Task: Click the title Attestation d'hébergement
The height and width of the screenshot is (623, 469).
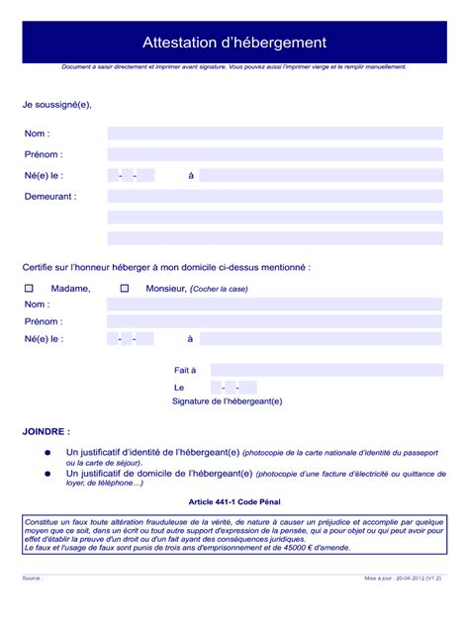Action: tap(234, 43)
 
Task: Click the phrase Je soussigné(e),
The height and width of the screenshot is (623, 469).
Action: tap(57, 104)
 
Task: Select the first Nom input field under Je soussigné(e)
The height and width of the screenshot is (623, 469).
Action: tap(274, 133)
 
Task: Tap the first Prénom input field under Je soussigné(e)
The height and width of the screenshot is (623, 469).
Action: tap(274, 154)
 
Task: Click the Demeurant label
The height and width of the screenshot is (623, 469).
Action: tap(49, 197)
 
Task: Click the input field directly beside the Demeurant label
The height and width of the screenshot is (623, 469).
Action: tap(274, 197)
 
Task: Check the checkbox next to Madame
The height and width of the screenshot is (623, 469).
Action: tap(29, 289)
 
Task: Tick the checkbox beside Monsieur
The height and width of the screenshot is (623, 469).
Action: tap(125, 289)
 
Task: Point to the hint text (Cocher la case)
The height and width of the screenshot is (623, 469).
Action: tap(220, 289)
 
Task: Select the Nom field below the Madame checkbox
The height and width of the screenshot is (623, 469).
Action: tap(274, 305)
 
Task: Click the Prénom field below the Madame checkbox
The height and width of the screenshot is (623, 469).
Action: tap(274, 321)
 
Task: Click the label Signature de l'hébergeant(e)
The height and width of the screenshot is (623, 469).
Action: tap(227, 401)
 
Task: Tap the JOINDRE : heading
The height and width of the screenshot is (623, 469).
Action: tap(47, 432)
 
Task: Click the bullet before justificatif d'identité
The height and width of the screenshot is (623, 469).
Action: tap(47, 452)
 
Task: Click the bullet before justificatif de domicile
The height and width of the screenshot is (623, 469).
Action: tap(47, 474)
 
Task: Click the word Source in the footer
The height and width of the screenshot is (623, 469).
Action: tap(31, 578)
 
